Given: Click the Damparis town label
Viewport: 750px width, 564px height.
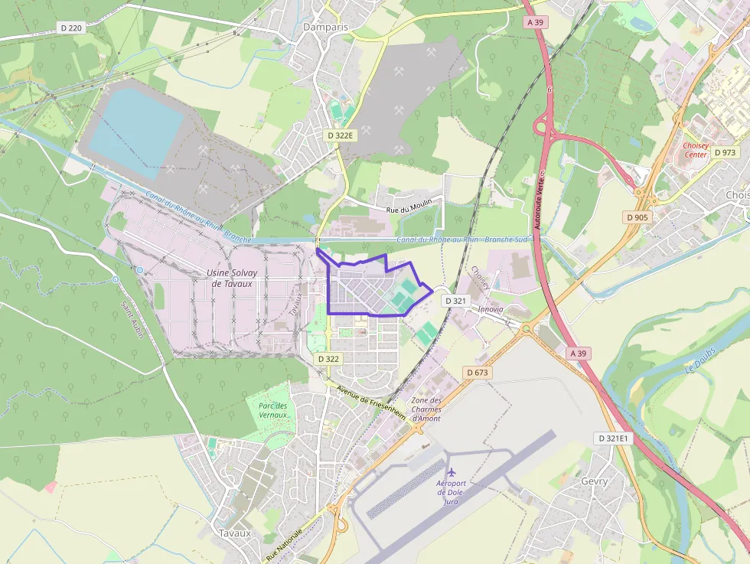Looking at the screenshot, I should pyautogui.click(x=325, y=26).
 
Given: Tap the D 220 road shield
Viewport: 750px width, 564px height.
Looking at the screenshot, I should pyautogui.click(x=70, y=28).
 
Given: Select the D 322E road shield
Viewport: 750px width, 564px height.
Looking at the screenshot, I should pyautogui.click(x=340, y=135).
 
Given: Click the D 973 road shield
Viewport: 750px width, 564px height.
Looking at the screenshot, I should pyautogui.click(x=724, y=152).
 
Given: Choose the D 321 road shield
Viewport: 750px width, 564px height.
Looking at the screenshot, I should pyautogui.click(x=455, y=301).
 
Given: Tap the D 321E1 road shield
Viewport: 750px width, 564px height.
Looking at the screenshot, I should pyautogui.click(x=611, y=438).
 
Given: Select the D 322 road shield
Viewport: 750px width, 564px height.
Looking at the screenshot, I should pyautogui.click(x=328, y=359).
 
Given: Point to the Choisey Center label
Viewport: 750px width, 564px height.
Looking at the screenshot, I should pyautogui.click(x=695, y=149).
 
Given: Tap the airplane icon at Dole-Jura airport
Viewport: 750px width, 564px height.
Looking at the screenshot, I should pyautogui.click(x=452, y=471).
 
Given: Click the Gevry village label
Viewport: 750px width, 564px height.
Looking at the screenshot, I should pyautogui.click(x=595, y=481).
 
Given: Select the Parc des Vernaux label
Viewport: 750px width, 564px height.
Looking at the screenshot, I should pyautogui.click(x=272, y=410).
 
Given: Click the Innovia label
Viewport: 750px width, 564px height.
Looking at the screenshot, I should pyautogui.click(x=491, y=309).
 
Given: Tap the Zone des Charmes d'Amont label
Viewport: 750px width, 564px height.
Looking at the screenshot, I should pyautogui.click(x=426, y=409).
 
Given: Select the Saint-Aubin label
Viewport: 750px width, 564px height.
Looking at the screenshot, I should pyautogui.click(x=130, y=321).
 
